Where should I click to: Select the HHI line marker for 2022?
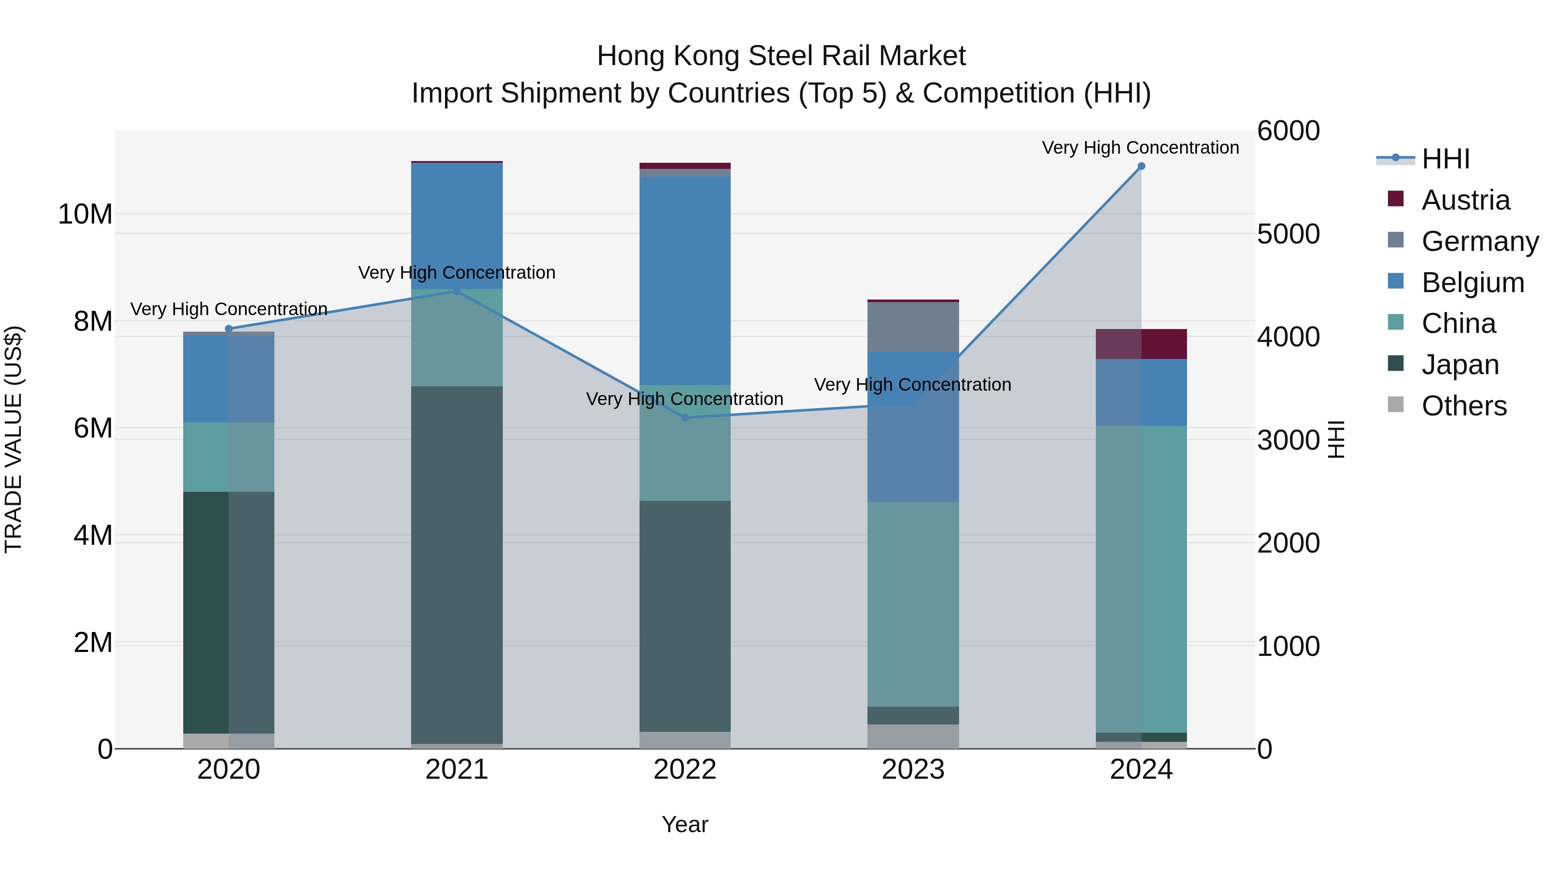(685, 417)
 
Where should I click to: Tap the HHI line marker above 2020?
(229, 329)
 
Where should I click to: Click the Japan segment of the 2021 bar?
(457, 564)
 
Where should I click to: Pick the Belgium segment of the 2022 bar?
(685, 280)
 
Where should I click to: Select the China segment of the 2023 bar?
(913, 604)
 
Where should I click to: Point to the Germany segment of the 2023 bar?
(913, 326)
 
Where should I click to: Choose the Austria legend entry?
(1465, 200)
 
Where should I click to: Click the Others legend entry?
(1464, 406)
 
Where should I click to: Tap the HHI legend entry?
(1445, 159)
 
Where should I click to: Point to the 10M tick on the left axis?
(85, 214)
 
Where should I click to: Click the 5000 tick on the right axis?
(1288, 234)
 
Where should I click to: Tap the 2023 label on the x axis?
(913, 770)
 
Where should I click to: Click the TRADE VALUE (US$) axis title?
(13, 439)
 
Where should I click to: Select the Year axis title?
(685, 824)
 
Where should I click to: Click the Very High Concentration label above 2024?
(1140, 148)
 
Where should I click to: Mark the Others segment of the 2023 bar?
(913, 736)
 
